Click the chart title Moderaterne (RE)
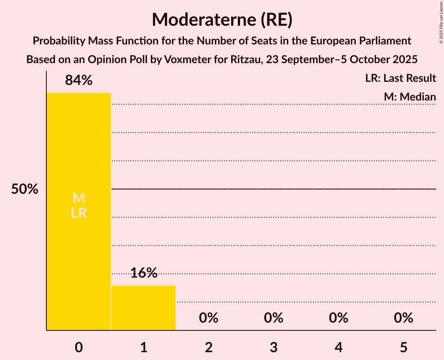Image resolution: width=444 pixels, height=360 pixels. [222, 19]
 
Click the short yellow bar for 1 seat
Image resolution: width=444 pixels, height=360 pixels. [143, 308]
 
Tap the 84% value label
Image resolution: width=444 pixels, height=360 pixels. [79, 80]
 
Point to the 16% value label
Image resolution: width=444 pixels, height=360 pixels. [143, 273]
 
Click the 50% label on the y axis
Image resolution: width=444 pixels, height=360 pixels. [25, 189]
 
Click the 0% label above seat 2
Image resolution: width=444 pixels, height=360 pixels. [209, 318]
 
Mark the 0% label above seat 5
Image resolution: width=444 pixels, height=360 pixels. [403, 318]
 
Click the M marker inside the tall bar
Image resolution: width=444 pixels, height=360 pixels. [79, 198]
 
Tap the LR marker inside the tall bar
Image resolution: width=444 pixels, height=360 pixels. [79, 213]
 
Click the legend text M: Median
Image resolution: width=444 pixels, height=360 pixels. [410, 97]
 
